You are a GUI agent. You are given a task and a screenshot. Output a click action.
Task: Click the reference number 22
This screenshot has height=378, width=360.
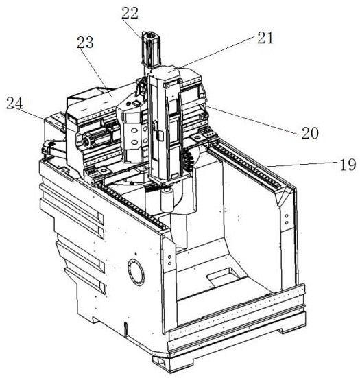click(x=130, y=14)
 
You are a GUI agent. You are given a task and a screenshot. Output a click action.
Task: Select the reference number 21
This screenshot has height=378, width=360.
click(x=265, y=38)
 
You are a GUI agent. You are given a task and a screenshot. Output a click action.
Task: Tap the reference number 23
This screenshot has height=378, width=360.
click(x=85, y=43)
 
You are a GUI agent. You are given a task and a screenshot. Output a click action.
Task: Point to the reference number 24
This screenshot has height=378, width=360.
click(x=14, y=104)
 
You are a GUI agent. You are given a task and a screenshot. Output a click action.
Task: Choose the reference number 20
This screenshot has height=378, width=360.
click(x=310, y=133)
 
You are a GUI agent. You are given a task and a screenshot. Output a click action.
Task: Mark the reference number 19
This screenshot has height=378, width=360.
click(x=348, y=165)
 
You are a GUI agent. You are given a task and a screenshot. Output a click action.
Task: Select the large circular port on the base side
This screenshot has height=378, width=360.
click(x=136, y=272)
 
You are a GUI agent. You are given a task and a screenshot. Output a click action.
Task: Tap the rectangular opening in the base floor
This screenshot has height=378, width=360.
click(x=224, y=276)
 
